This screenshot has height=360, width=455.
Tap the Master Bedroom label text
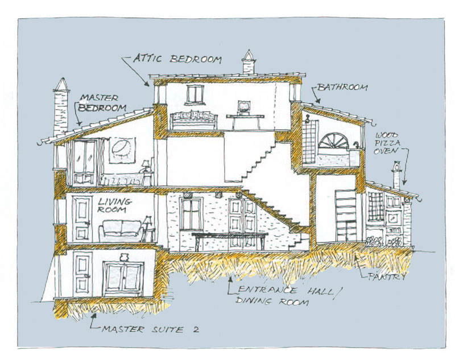point(102,102)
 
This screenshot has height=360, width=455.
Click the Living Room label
point(114,206)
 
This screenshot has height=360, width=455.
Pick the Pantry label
point(387,277)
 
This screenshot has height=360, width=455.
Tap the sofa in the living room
point(120,230)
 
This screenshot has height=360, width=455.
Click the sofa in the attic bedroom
point(193,119)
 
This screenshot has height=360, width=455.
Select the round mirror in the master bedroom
point(121,149)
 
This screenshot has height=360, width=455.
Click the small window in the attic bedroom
point(195,94)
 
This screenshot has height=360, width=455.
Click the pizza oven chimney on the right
point(396,175)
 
